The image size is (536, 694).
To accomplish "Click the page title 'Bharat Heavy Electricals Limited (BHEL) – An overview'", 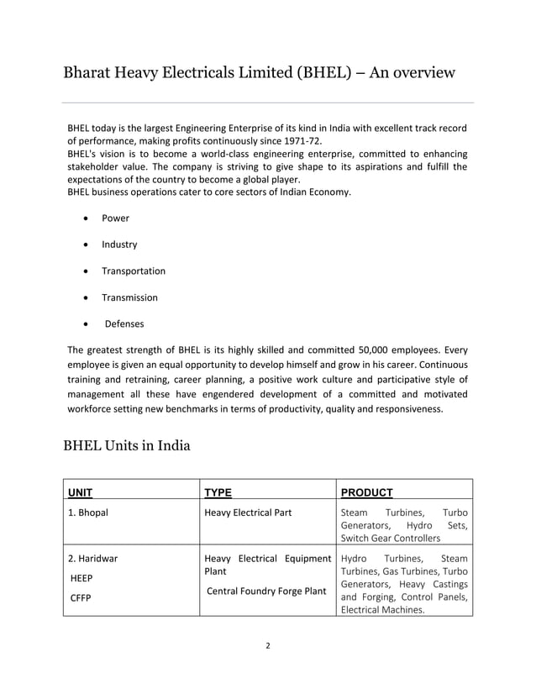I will tap(260, 72).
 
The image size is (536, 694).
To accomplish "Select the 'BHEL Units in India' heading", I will tap(127, 444).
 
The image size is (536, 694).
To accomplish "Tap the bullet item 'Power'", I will tap(115, 218).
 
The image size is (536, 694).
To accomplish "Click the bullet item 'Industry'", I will tap(119, 244).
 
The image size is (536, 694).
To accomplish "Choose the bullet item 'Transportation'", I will tap(134, 271).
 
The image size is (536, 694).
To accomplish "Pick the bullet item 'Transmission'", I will tap(129, 297).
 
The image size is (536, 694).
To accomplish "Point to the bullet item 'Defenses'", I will tap(124, 323).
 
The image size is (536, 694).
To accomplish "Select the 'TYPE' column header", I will tap(218, 492).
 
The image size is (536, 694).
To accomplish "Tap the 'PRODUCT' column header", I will tap(366, 492).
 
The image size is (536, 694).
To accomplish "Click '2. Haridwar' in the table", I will tap(92, 558).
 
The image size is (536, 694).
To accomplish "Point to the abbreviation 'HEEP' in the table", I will tap(81, 579).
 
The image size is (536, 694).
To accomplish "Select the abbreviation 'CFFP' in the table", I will tap(80, 599).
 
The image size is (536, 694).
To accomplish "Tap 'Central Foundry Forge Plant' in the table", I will tap(266, 591).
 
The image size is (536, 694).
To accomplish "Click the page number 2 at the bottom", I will tap(267, 646).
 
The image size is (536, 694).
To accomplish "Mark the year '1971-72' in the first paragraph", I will tap(298, 141).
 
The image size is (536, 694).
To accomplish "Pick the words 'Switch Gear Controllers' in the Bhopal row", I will tap(390, 538).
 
